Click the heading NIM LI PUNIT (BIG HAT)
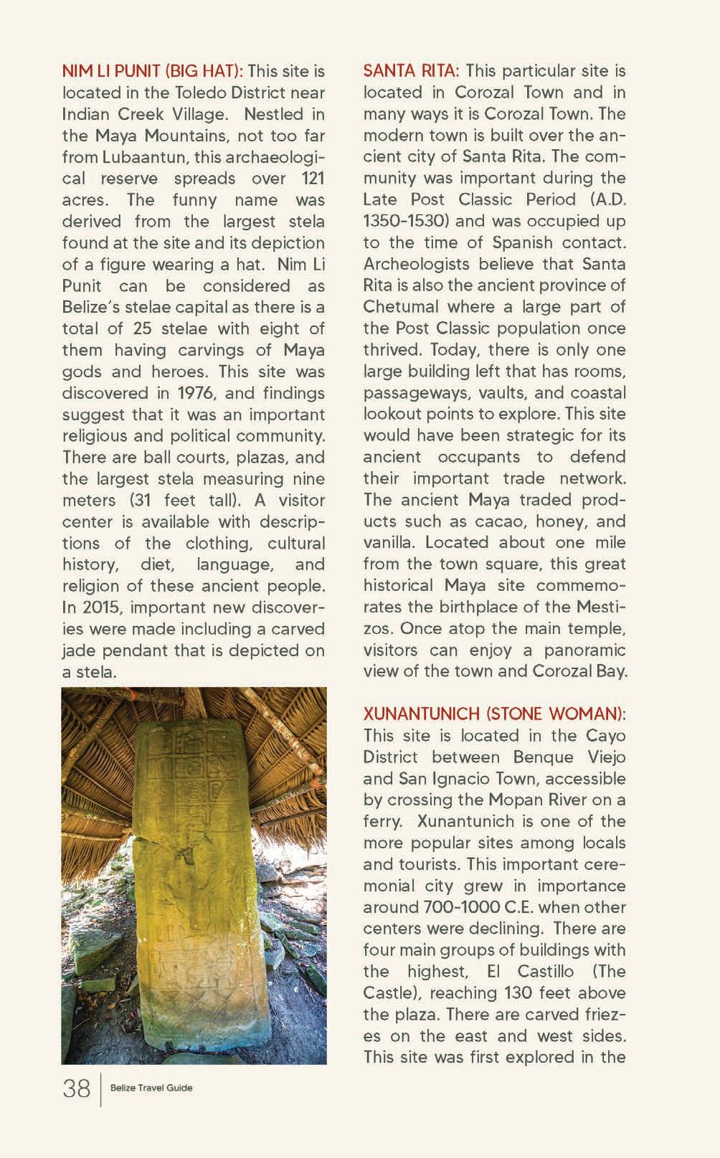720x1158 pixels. [152, 71]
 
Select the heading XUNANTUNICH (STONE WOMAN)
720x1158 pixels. [494, 714]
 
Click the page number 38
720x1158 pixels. [77, 1088]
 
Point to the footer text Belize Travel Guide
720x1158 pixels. [151, 1088]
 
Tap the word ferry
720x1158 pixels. [381, 821]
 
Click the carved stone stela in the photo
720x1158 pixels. [194, 875]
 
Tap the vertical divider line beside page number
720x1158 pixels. [100, 1089]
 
